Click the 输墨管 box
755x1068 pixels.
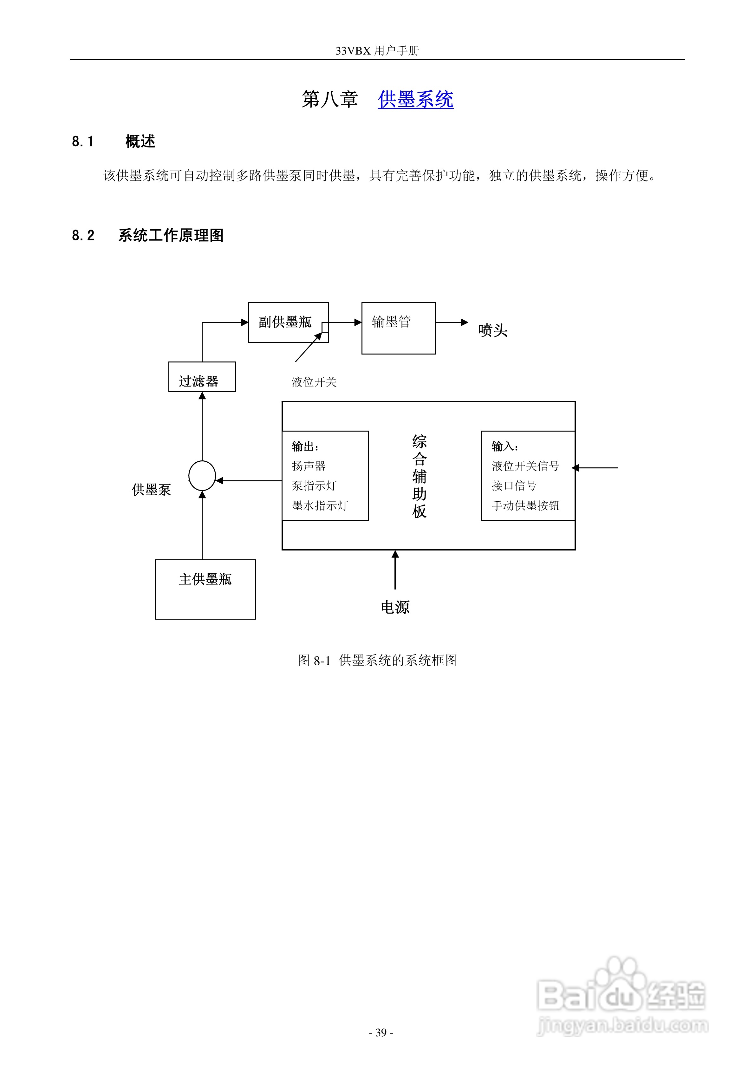tap(398, 329)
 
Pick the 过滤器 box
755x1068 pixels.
tap(202, 377)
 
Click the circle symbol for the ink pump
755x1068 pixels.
tap(202, 475)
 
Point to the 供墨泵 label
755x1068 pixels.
tap(152, 489)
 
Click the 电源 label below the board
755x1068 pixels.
tap(395, 607)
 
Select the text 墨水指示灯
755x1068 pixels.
tap(320, 506)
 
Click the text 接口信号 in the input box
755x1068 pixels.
tap(514, 485)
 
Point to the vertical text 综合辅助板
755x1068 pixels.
tap(419, 476)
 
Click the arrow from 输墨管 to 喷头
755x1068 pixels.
tap(452, 322)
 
